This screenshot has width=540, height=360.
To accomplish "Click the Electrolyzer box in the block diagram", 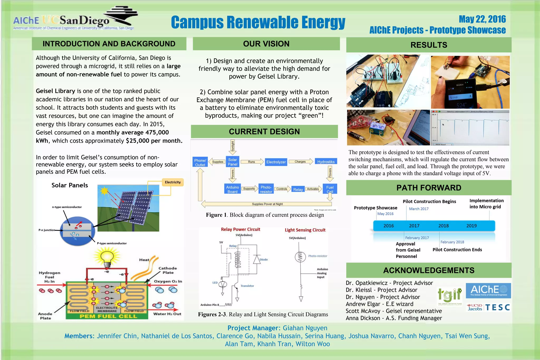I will pyautogui.click(x=276, y=162).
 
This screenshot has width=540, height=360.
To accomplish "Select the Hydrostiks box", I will pyautogui.click(x=326, y=162).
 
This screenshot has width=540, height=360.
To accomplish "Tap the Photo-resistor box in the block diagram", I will pyautogui.click(x=266, y=189).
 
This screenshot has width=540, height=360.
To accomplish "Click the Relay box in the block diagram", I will pyautogui.click(x=298, y=189).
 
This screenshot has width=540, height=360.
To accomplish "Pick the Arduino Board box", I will pyautogui.click(x=232, y=189).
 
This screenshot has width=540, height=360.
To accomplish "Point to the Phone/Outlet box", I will pyautogui.click(x=200, y=162).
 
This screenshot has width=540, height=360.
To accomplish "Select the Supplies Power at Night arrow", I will pyautogui.click(x=267, y=204).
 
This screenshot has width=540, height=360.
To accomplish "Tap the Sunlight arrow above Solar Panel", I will pyautogui.click(x=233, y=147).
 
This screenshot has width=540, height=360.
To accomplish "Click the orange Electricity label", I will pyautogui.click(x=173, y=182).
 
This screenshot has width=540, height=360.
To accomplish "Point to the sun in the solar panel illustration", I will pyautogui.click(x=104, y=191).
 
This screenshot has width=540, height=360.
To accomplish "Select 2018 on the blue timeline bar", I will pyautogui.click(x=443, y=226).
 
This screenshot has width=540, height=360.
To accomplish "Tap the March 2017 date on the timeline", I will pyautogui.click(x=419, y=209).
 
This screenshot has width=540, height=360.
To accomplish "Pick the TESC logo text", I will pyautogui.click(x=498, y=308).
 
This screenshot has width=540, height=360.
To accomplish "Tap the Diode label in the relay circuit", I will pyautogui.click(x=263, y=260).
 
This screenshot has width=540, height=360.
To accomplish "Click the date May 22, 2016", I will pyautogui.click(x=482, y=19).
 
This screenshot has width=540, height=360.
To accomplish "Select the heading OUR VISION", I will pyautogui.click(x=266, y=44).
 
